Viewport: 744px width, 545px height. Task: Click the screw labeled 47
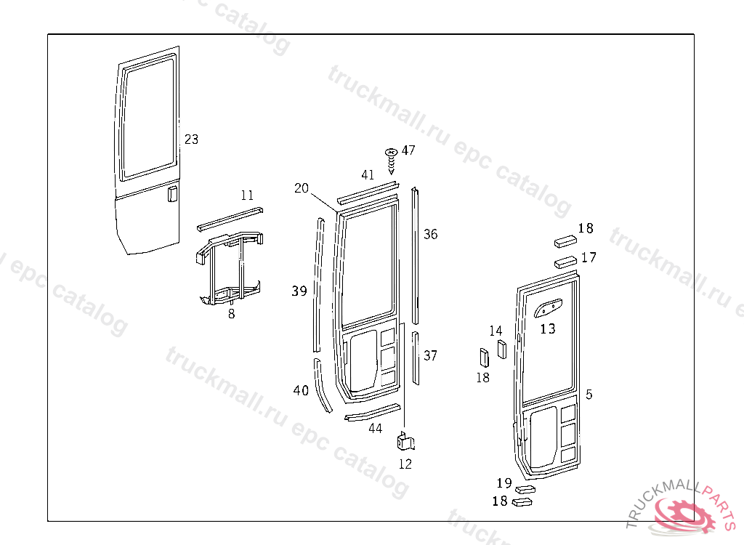coord(391,161)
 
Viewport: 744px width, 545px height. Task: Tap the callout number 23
coord(191,139)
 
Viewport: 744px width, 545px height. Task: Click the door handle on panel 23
coord(172,194)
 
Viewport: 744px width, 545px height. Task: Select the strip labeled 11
coord(230,219)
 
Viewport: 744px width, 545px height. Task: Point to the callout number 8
coord(231,314)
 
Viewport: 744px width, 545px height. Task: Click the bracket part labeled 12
coord(405,441)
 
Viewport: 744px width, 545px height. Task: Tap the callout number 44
coord(376,428)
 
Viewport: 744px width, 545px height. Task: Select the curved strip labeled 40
coord(322,385)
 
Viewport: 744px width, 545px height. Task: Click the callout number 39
coord(299,291)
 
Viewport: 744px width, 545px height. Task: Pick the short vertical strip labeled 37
coord(416,358)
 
